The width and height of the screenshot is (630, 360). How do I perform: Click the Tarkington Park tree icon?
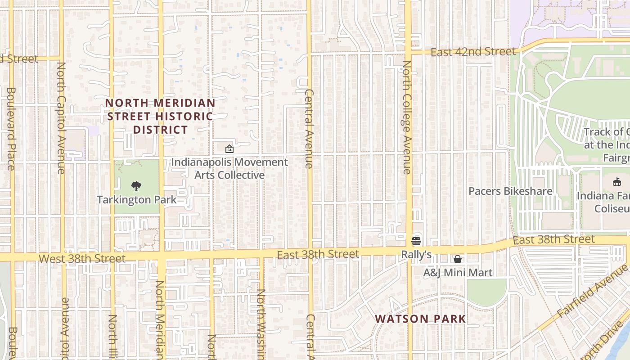click(x=136, y=186)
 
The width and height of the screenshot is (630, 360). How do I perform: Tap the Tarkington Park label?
click(x=137, y=199)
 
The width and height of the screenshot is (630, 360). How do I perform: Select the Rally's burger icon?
click(x=416, y=241)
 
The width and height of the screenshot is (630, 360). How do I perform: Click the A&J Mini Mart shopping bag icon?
click(x=458, y=259)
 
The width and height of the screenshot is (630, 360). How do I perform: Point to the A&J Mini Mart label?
click(x=458, y=272)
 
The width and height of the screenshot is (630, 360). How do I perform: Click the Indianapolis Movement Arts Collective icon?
click(x=229, y=148)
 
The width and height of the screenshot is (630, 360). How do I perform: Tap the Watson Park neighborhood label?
click(x=420, y=319)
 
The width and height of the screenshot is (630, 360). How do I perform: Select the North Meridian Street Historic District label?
click(x=160, y=117)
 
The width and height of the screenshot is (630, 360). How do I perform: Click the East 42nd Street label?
click(x=473, y=52)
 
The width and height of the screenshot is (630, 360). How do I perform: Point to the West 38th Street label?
click(x=82, y=259)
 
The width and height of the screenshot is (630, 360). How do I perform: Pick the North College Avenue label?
click(x=407, y=117)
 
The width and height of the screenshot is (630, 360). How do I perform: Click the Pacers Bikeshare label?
click(x=510, y=191)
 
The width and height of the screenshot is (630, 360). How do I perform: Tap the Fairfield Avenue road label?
click(x=592, y=292)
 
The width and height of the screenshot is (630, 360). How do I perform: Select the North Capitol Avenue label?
click(x=61, y=118)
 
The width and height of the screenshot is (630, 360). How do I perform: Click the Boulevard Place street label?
click(x=11, y=128)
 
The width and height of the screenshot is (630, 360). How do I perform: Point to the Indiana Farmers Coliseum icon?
click(x=617, y=182)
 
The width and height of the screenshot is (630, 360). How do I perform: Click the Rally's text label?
click(x=416, y=255)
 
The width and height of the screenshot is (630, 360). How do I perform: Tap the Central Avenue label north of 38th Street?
click(x=309, y=129)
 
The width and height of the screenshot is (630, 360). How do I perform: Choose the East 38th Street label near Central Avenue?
click(x=318, y=255)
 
